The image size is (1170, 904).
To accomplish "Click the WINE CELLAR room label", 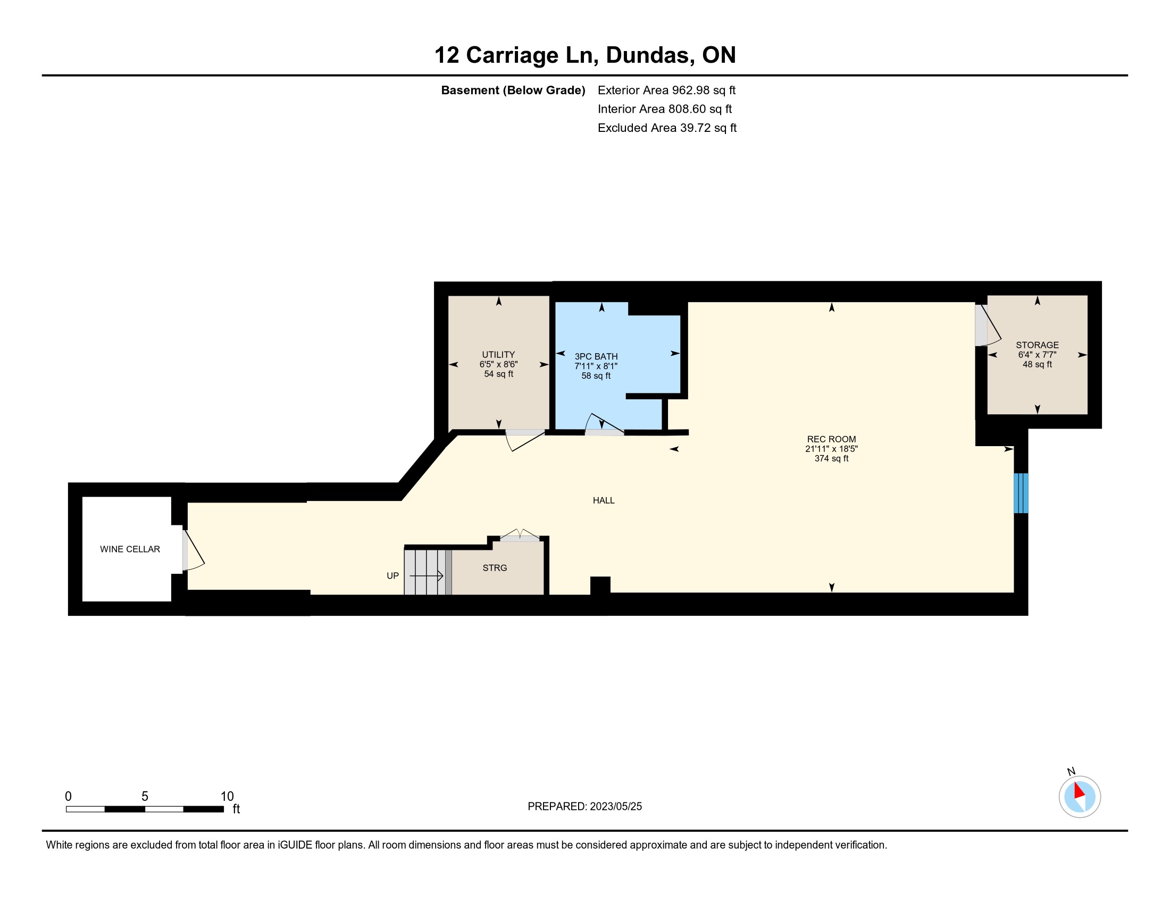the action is [130, 549].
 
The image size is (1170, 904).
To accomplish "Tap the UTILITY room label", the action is [498, 355].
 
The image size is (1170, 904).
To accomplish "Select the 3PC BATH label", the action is [596, 357].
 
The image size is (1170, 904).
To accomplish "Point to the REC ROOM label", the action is [831, 439].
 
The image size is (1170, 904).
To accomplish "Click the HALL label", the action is [603, 500].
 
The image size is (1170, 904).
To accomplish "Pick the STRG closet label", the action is [495, 568].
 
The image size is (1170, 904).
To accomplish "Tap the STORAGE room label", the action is [1037, 345].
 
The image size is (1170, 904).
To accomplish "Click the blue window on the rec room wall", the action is [1021, 493].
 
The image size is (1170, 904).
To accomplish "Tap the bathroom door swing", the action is [604, 423].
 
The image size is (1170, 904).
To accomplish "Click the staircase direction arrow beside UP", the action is [427, 576].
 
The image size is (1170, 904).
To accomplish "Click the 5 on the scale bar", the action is [145, 797].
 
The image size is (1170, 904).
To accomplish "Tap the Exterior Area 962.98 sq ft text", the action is [666, 90].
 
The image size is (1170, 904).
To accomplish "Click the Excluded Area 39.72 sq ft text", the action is [667, 128].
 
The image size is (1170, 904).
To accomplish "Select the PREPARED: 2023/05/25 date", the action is [584, 807].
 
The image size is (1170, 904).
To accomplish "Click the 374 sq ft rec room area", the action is [831, 458].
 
